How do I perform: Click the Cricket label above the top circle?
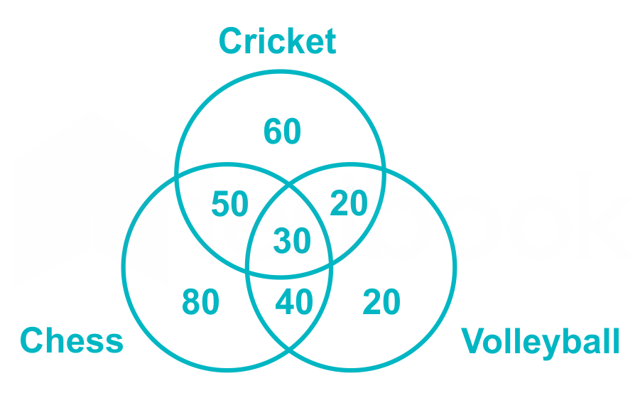(x=277, y=41)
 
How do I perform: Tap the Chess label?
(x=72, y=340)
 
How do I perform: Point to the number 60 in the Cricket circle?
(x=282, y=131)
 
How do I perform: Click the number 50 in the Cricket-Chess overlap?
(x=230, y=204)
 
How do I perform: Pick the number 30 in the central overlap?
(x=292, y=241)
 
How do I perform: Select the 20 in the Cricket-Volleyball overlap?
(x=349, y=203)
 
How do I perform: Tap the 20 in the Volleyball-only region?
(x=381, y=301)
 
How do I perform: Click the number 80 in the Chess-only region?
(x=200, y=301)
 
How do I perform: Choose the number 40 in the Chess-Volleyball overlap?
(x=294, y=301)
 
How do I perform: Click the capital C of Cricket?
(x=231, y=41)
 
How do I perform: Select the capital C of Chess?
(x=32, y=340)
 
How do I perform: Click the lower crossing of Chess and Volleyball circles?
(x=289, y=348)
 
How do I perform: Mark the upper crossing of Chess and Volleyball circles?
(x=289, y=186)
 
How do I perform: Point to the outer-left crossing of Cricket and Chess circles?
(x=177, y=177)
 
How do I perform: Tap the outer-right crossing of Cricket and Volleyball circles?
(x=384, y=169)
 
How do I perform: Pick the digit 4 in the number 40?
(x=284, y=301)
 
